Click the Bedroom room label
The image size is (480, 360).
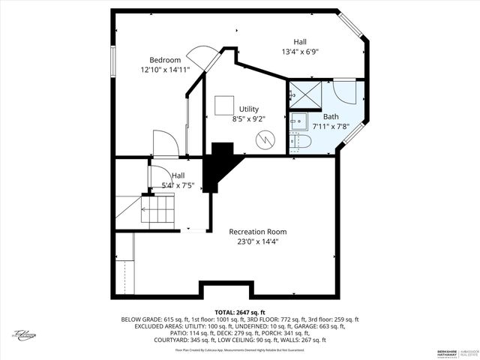(x=165, y=60)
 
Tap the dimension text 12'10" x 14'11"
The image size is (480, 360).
(x=165, y=70)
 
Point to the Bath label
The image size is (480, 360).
(x=331, y=116)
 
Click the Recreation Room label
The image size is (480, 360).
(x=257, y=232)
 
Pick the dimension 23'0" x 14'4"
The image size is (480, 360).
(x=257, y=241)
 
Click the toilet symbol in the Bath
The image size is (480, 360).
(x=302, y=142)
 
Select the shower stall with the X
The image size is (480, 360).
(x=304, y=94)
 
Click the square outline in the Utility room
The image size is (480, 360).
(x=223, y=104)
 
